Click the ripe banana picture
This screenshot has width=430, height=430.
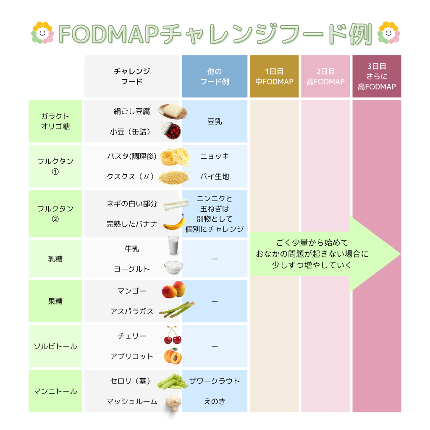[x=174, y=223]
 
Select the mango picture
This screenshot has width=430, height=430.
[x=173, y=290]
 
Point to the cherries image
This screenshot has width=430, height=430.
[x=172, y=335]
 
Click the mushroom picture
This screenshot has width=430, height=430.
[x=173, y=402]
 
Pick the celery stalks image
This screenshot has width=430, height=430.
[x=172, y=381]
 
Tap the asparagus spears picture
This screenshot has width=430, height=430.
[x=176, y=310]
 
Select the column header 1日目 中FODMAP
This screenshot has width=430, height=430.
[x=274, y=76]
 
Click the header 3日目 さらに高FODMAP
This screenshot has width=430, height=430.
[x=377, y=76]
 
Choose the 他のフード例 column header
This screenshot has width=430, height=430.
[x=215, y=76]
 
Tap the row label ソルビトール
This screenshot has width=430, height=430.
[x=55, y=346]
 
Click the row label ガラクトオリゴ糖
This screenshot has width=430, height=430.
[x=55, y=121]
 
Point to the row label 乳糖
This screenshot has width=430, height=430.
[x=55, y=259]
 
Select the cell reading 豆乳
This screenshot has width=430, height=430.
[x=215, y=122]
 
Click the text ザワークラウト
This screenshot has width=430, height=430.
[x=215, y=381]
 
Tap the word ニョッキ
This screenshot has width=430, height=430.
[x=215, y=156]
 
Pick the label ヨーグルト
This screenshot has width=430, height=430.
[x=132, y=269]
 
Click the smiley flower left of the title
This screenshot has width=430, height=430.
[x=42, y=32]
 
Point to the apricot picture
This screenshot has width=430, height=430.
[x=173, y=357]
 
